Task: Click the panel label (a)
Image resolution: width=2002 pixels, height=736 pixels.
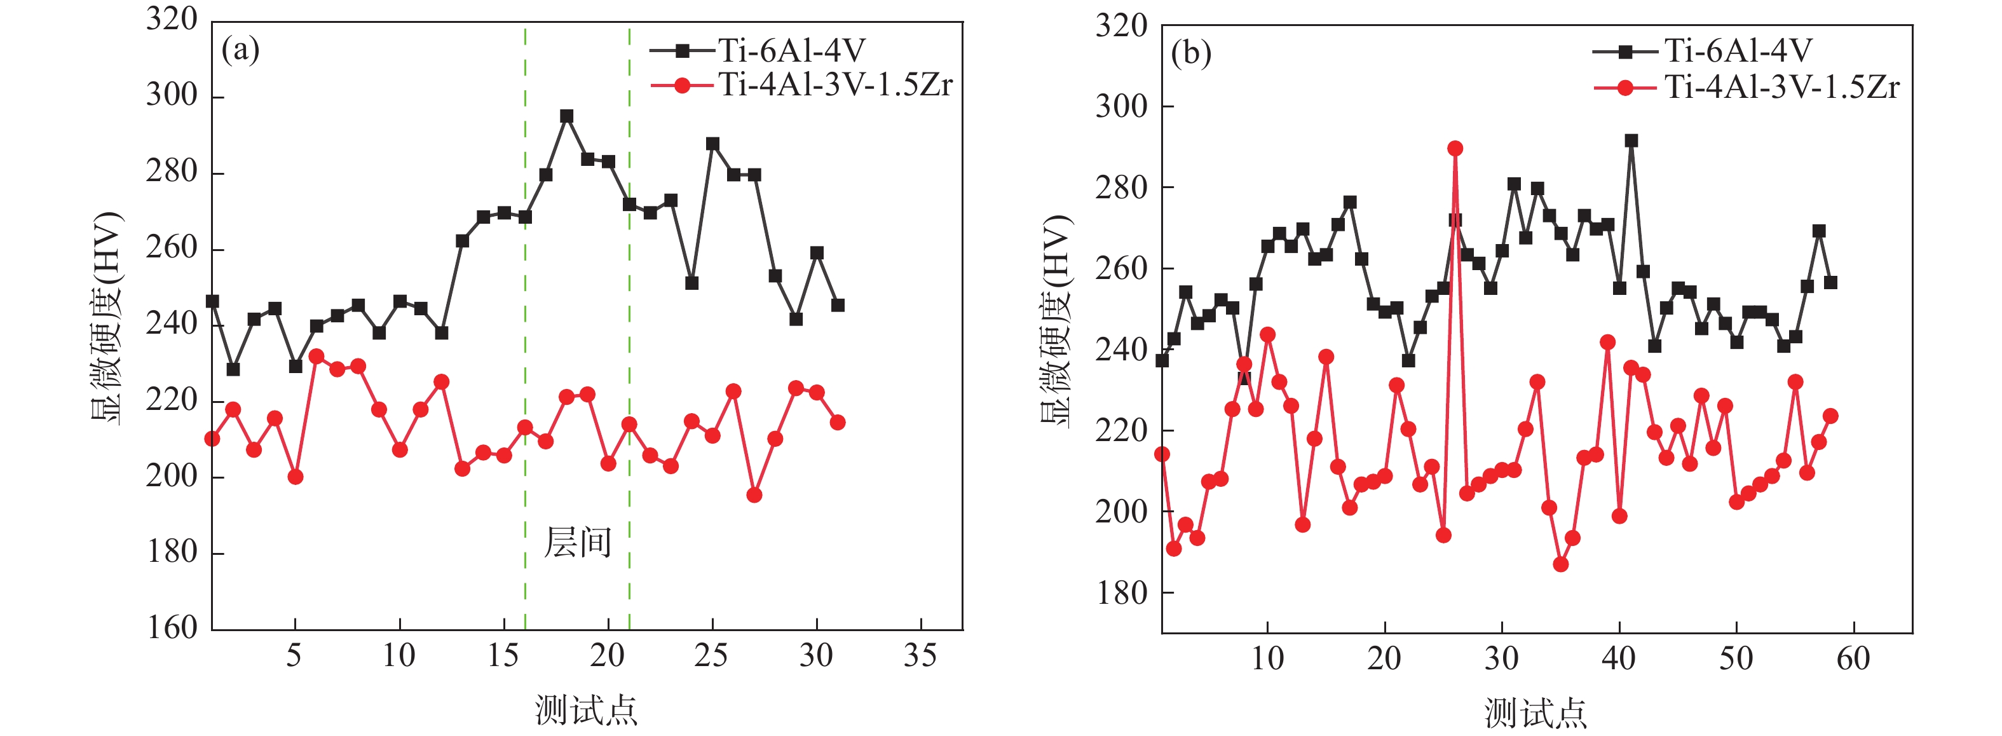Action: tap(240, 51)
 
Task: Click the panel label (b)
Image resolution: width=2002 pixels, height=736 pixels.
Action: tap(1190, 55)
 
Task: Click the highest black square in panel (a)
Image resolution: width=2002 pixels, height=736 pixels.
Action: tap(566, 116)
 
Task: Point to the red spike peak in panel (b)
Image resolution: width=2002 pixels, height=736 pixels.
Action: tap(1455, 149)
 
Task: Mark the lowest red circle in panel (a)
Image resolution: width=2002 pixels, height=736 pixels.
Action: tap(754, 495)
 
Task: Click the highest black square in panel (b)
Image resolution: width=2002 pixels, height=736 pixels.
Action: tap(1630, 140)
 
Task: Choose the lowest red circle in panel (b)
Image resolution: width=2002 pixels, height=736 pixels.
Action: tap(1560, 564)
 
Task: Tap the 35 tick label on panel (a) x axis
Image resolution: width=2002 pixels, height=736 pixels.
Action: tap(920, 657)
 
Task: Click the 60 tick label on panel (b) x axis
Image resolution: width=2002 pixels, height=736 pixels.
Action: tap(1853, 660)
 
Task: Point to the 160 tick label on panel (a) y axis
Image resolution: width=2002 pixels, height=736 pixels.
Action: tap(172, 628)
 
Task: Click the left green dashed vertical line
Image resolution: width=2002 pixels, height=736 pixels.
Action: tap(526, 311)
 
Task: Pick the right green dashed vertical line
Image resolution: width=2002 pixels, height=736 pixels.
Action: tap(629, 311)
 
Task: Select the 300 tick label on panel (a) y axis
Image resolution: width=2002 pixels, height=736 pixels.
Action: tap(172, 95)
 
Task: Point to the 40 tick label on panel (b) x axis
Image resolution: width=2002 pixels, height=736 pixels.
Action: tap(1618, 660)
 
